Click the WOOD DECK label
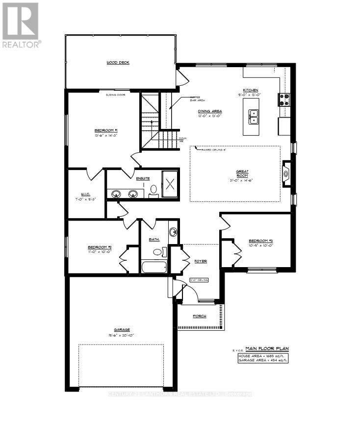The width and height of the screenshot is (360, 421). click(x=118, y=63)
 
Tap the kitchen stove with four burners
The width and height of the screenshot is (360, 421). click(x=284, y=100)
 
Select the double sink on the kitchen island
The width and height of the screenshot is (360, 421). click(x=254, y=116)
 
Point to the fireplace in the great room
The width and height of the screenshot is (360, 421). click(x=286, y=173)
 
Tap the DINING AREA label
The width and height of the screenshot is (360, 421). click(x=210, y=111)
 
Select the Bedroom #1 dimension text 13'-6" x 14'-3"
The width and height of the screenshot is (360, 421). click(x=106, y=136)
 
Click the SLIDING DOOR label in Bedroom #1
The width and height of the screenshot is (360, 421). click(x=115, y=95)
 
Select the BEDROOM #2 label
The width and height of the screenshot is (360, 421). click(x=100, y=247)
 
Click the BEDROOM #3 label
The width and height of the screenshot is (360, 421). click(x=260, y=241)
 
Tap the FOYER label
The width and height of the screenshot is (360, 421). click(x=200, y=261)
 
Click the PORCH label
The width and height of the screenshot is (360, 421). click(x=199, y=316)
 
